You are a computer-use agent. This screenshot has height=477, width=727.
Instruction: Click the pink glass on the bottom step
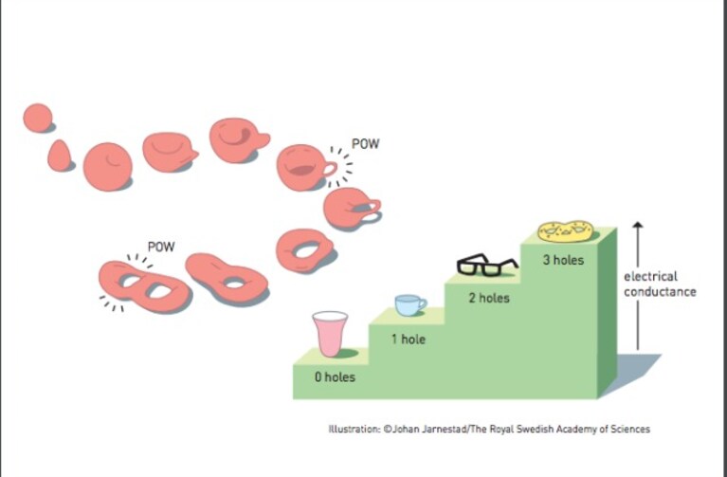click(x=330, y=334)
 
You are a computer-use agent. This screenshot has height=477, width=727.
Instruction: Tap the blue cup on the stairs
click(x=409, y=305)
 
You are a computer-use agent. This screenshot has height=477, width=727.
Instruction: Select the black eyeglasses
click(x=487, y=265)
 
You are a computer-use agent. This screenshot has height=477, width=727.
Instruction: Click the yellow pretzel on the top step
click(x=565, y=231)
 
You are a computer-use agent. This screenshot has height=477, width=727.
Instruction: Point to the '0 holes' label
click(x=335, y=377)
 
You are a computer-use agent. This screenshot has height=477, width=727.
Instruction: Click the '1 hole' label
click(x=408, y=339)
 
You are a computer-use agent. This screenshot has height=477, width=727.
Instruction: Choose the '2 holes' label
click(x=489, y=298)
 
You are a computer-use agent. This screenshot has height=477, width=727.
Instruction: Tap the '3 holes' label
click(x=563, y=260)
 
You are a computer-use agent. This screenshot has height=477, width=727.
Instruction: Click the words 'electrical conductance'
click(x=660, y=284)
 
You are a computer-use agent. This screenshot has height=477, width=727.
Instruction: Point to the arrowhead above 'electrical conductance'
click(x=638, y=225)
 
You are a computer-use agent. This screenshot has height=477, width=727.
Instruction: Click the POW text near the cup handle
click(x=365, y=144)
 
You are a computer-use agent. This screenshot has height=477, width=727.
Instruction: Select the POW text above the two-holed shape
click(x=161, y=247)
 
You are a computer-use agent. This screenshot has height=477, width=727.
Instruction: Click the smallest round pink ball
click(x=38, y=118)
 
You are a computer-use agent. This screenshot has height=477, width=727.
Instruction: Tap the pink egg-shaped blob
click(x=60, y=156)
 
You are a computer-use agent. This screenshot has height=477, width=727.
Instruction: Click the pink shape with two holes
click(x=145, y=286)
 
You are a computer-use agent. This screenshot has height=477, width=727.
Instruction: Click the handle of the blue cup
click(x=422, y=304)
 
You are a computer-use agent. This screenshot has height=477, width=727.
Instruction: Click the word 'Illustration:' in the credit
click(x=354, y=430)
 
